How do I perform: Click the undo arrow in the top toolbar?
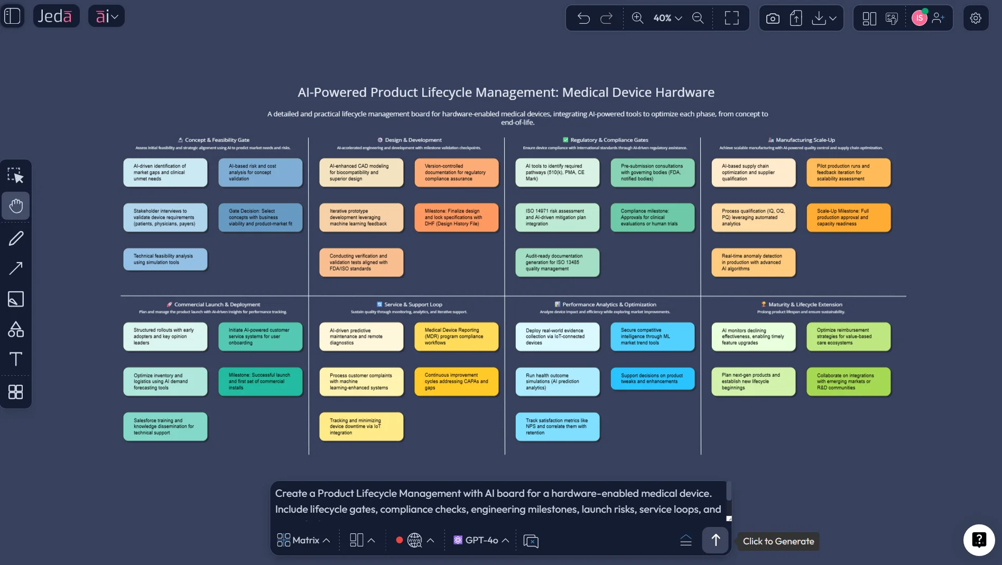[x=583, y=18]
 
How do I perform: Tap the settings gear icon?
[x=976, y=18]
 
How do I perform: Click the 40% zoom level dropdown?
[x=667, y=18]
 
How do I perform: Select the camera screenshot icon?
[x=773, y=18]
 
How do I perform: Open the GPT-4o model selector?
[x=481, y=540]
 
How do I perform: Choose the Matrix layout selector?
[x=304, y=540]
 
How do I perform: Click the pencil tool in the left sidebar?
[x=16, y=238]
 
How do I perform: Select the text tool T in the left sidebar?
[x=16, y=359]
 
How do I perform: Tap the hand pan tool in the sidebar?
[x=16, y=206]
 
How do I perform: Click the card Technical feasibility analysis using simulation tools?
[x=165, y=260]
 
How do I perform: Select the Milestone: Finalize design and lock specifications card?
[x=457, y=218]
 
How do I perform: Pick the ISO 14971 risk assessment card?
[x=557, y=218]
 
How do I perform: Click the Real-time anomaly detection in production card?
[x=753, y=263]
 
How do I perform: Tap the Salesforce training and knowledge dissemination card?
[x=165, y=427]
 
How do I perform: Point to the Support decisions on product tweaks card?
[x=652, y=378]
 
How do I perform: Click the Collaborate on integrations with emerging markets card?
[x=848, y=382]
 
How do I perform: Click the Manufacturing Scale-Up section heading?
[x=805, y=140]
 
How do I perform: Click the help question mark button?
[x=979, y=540]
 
